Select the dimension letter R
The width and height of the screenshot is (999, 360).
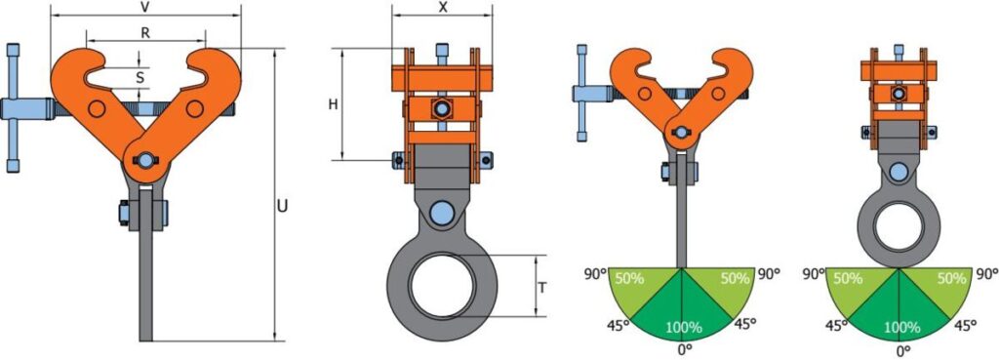145,34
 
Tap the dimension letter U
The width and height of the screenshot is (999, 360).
282,207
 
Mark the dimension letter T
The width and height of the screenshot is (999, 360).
541,288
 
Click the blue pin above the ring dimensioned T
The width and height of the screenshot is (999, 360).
442,211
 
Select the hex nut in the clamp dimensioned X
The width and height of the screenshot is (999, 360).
440,108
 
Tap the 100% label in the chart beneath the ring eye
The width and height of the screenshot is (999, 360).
900,328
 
